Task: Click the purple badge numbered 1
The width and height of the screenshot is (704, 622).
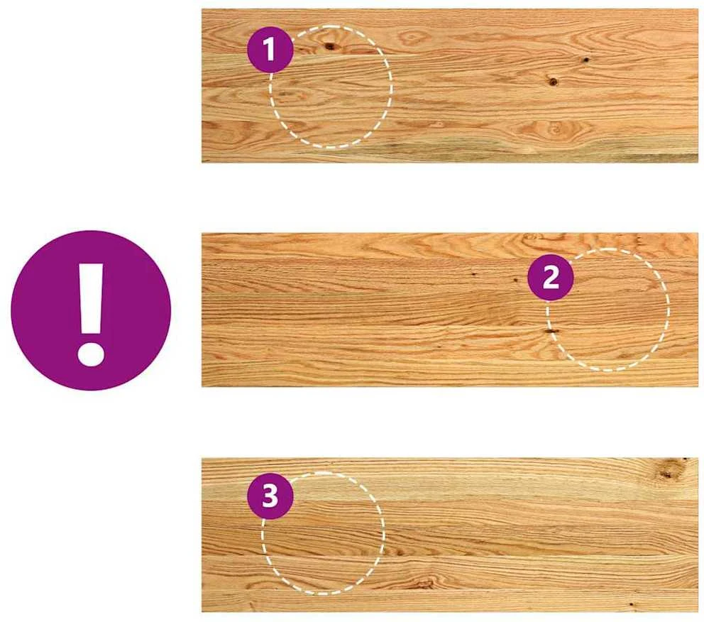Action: coord(270,50)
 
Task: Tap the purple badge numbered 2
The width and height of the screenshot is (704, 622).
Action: coord(551,278)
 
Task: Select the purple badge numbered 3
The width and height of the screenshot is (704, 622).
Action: coord(270,496)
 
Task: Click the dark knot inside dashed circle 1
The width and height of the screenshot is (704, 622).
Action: coord(330,45)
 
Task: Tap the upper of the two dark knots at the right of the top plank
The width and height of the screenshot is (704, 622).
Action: coord(585,59)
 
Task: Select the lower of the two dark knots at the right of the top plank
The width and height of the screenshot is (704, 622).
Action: coord(553,82)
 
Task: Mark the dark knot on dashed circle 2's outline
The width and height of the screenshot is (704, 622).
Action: coord(551,332)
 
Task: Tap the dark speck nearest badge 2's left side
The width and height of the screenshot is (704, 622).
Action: coord(515,280)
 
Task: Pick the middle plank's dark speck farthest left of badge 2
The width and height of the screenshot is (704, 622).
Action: coord(473,272)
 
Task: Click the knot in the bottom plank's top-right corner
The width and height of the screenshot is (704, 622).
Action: coord(669,471)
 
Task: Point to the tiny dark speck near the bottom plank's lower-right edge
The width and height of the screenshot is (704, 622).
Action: coord(632,604)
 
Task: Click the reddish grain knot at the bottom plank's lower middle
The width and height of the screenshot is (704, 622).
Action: coord(422,583)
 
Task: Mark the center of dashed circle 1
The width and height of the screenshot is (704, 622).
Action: coord(331,87)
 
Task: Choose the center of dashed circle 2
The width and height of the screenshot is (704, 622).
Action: coord(608,310)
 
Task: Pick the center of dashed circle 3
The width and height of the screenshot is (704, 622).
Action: coord(324,533)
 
